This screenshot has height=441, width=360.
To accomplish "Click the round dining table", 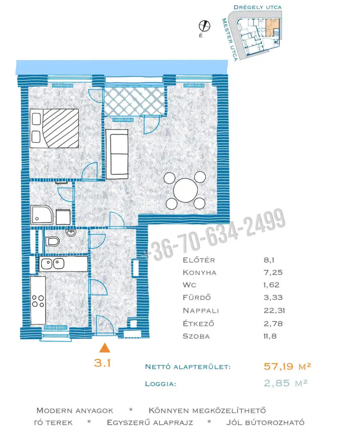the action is click(186, 190).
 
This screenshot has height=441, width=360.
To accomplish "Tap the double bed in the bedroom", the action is click(54, 128).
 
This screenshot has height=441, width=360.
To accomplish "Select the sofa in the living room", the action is click(117, 154).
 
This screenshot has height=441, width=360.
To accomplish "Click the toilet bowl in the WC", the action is click(52, 241).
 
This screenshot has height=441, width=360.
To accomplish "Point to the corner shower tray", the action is click(42, 214).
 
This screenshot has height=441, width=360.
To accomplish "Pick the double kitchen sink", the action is click(52, 264).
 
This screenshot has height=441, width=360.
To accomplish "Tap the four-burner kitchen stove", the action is click(38, 301).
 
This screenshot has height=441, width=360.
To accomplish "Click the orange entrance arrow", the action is click(104, 348).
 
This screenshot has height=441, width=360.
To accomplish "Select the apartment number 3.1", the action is click(102, 363).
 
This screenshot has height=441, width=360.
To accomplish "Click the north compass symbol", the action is click(204, 26).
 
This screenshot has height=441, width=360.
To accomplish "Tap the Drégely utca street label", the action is click(258, 7).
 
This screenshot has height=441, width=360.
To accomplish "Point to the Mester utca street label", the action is click(230, 39).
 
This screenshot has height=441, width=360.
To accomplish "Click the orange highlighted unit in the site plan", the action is click(272, 27).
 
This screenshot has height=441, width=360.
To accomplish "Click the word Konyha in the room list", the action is click(200, 273).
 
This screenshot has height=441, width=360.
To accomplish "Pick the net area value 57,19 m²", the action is click(287, 366).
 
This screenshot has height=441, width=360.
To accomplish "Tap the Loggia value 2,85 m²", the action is click(286, 383).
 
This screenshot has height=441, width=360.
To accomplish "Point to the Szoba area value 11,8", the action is click(270, 336).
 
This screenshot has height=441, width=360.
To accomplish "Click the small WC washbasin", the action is click(71, 233).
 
